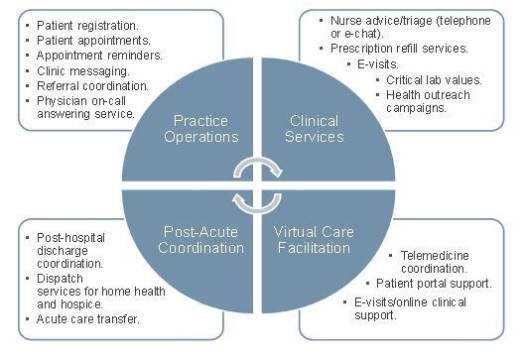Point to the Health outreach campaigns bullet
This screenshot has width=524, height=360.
tap(427, 102)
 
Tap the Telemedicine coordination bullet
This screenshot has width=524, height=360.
tap(440, 262)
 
